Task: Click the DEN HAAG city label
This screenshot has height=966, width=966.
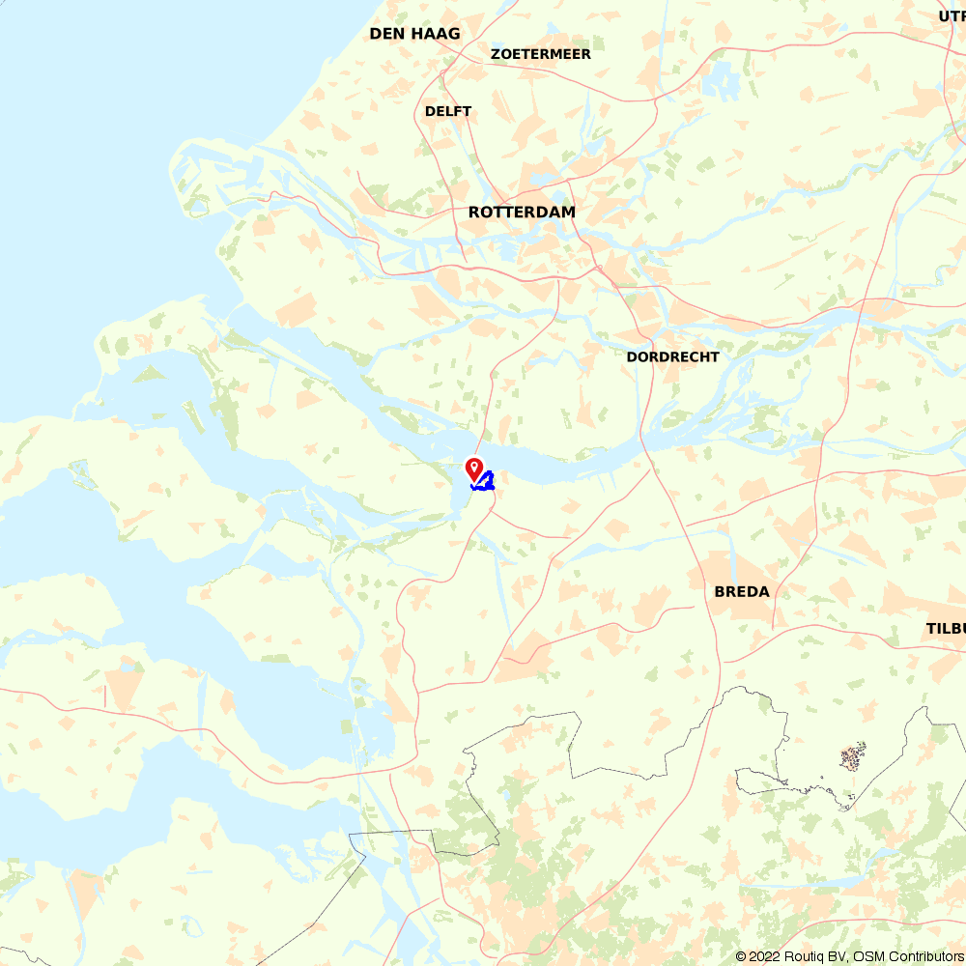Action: click(414, 34)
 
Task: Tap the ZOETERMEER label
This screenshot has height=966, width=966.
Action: click(541, 54)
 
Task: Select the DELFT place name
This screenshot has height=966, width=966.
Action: click(448, 111)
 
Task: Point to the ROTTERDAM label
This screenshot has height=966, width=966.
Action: click(522, 212)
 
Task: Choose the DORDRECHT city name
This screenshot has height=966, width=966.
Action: click(672, 356)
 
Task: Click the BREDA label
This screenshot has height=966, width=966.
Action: click(742, 591)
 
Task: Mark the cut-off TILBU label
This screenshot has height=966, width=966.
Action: click(946, 628)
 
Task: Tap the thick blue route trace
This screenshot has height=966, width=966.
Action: click(487, 482)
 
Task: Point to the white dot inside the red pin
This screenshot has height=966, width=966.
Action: click(474, 466)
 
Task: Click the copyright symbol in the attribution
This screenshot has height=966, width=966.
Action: click(741, 956)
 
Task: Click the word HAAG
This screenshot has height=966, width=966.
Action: click(436, 34)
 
